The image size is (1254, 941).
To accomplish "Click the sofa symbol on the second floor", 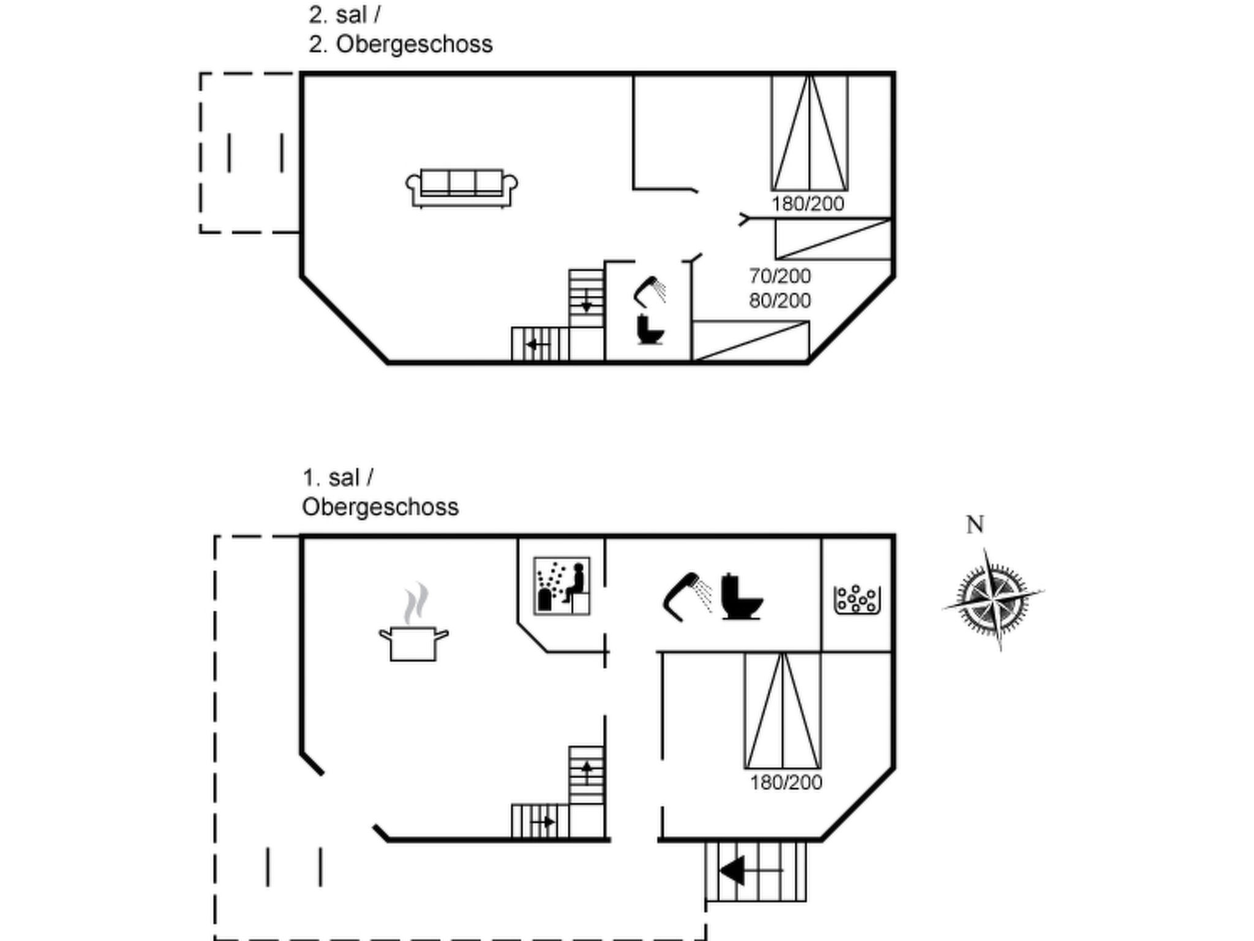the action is pos(462,188).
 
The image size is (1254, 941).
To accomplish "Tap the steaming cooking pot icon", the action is pos(414,622).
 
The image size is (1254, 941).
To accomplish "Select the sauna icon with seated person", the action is pos(561,586).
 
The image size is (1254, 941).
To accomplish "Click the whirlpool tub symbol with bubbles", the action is pos(857,600).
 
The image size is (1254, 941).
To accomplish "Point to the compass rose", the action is pos(993,599).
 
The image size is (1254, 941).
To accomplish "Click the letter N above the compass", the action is pos(975,525).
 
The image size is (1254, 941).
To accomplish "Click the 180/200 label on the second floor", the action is pos(808,204).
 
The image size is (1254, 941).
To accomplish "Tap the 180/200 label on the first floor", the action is pos(786,782).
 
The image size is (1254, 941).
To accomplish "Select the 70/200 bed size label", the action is pos(780,276).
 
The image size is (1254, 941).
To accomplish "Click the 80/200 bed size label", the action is pos(780,301).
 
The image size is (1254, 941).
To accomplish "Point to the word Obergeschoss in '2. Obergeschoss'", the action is pos(414,45).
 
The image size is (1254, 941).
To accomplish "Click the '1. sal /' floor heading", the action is pos(338,478).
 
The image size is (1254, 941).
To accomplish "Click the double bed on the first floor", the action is pos(783,711).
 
